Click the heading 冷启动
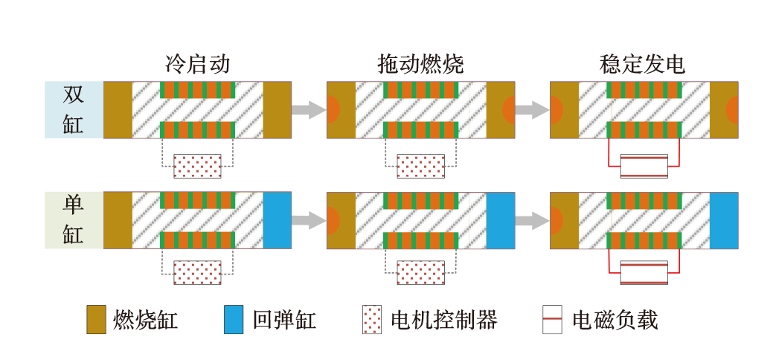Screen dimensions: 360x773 tap(197, 65)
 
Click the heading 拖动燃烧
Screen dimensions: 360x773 tap(420, 65)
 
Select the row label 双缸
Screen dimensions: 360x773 tap(74, 109)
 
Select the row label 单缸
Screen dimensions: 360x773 tap(74, 219)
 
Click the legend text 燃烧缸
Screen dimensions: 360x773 tap(146, 321)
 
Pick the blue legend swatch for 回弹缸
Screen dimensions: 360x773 tap(233, 320)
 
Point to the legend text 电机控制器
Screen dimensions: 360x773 tap(444, 321)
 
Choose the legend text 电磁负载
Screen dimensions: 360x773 tap(615, 321)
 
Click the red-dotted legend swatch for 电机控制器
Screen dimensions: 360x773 tap(372, 320)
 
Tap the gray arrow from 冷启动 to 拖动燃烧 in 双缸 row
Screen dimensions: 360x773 tap(309, 110)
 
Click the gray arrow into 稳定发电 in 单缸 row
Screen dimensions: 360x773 tap(532, 220)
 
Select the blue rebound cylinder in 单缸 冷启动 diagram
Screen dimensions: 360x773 tap(278, 220)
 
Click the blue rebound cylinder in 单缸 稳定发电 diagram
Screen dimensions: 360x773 tap(723, 220)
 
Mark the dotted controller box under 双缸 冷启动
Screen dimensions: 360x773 tap(197, 166)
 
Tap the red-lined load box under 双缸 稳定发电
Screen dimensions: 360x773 tap(644, 166)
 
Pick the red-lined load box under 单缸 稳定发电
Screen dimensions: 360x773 tap(644, 272)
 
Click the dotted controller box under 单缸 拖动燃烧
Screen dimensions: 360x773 tap(420, 272)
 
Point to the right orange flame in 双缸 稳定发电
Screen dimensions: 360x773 tap(732, 109)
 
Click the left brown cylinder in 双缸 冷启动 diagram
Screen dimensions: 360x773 tap(118, 109)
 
